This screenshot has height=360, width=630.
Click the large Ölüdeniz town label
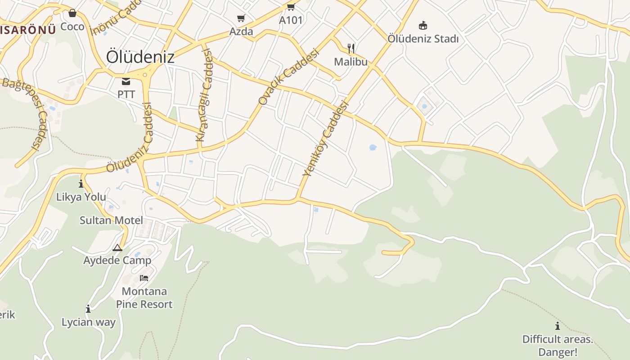(140, 57)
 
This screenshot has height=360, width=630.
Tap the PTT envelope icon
(126, 81)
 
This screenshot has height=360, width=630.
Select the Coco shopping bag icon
(72, 13)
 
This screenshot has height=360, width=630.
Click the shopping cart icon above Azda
(241, 18)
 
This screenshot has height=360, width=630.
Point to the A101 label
(291, 20)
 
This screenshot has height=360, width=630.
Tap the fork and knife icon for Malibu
(351, 48)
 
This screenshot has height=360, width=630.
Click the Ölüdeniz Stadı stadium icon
(423, 25)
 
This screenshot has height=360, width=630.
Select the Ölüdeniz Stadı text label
(423, 39)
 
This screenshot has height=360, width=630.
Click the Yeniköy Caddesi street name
(326, 139)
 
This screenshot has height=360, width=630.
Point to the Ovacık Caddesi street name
(288, 77)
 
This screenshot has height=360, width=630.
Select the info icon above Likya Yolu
(81, 184)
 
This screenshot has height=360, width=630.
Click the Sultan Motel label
(111, 220)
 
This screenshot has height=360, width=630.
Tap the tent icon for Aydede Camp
(117, 247)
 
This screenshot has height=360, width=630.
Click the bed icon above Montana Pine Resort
(144, 278)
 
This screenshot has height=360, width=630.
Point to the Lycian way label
(89, 322)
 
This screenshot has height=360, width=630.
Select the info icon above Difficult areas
(558, 326)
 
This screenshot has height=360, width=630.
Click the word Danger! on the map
(557, 352)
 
